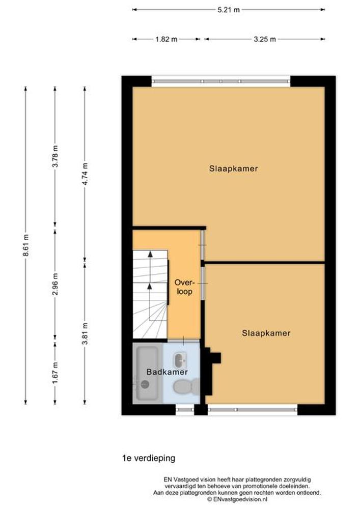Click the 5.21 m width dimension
click(229, 10)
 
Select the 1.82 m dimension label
click(166, 39)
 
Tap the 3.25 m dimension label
click(265, 39)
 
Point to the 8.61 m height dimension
click(26, 245)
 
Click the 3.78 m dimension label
click(55, 156)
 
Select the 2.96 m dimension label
click(55, 284)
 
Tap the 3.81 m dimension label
click(85, 334)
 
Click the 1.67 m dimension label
click(55, 373)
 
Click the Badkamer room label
click(167, 372)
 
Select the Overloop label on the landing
click(184, 287)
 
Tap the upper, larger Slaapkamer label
click(233, 168)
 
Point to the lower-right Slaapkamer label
click(266, 333)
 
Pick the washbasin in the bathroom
click(180, 360)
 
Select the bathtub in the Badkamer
click(147, 373)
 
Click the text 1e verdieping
click(149, 458)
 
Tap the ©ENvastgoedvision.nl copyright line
click(237, 499)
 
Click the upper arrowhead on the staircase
click(150, 254)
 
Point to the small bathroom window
click(185, 409)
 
